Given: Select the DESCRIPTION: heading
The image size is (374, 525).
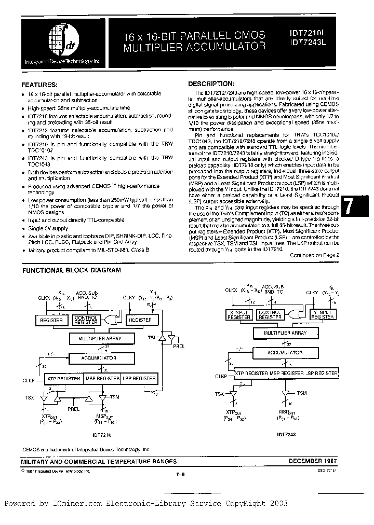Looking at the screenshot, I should point(211,83).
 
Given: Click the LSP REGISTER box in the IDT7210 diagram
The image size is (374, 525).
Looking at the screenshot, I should point(139,379).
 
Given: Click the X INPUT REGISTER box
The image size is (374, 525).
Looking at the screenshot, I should point(239,314).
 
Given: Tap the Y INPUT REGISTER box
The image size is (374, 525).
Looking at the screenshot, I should point(322,314).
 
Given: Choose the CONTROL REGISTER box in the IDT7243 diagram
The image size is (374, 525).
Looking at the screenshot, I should point(270,314).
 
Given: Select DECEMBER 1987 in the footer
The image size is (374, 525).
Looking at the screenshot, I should point(313,461).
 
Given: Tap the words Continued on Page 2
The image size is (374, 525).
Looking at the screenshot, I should point(314,255).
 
